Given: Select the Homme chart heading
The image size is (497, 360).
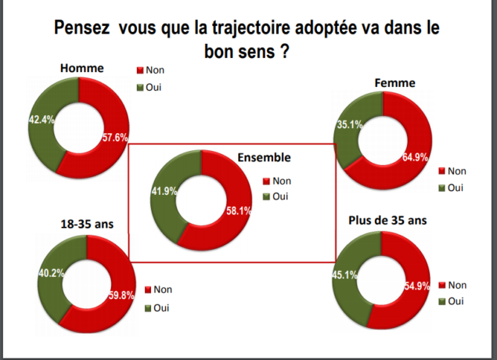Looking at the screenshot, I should (82, 68).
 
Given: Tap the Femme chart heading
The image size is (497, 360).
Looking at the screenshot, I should (395, 82).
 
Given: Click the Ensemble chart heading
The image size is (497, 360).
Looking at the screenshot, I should (264, 157).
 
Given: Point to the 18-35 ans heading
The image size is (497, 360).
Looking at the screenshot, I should (88, 224).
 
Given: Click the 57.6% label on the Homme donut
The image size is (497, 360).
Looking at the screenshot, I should (114, 139).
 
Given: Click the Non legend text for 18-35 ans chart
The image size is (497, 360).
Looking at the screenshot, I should (164, 290).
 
